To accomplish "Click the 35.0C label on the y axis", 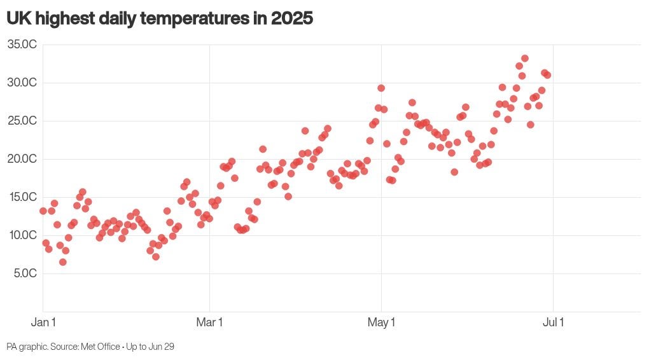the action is (x=22, y=45).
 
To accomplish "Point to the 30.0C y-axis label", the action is (x=22, y=82).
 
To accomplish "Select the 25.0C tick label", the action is (x=22, y=120).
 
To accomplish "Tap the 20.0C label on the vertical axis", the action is (x=22, y=158).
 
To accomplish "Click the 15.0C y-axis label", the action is (x=22, y=197).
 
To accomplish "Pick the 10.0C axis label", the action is (x=22, y=235).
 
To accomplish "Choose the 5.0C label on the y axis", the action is (x=25, y=273).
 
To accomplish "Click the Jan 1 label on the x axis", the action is (x=43, y=322).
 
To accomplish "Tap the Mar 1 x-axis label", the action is (x=209, y=322).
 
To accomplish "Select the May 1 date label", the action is (x=381, y=322).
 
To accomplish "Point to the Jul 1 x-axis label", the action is (x=553, y=322).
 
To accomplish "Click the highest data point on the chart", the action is (x=525, y=59).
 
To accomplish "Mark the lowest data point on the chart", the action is (x=63, y=262).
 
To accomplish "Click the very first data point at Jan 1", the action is (x=43, y=211).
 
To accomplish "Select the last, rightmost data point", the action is (x=547, y=75).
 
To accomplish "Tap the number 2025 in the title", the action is (x=292, y=18).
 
